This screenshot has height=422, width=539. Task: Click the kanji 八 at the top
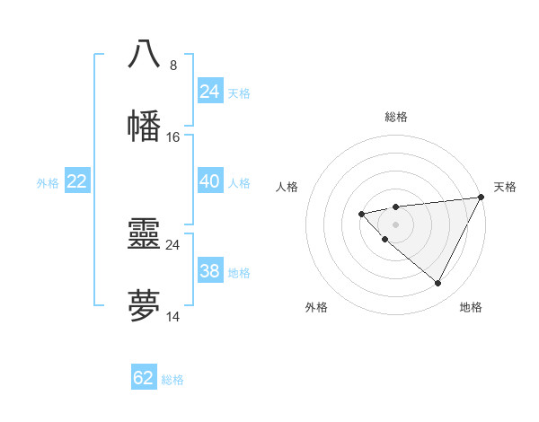pyautogui.click(x=144, y=54)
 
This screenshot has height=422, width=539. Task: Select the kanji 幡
pyautogui.click(x=144, y=126)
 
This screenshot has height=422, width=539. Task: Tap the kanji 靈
pyautogui.click(x=144, y=234)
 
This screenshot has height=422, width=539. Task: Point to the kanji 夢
pyautogui.click(x=144, y=306)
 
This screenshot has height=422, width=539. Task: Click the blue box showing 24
pyautogui.click(x=209, y=92)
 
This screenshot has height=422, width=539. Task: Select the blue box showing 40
pyautogui.click(x=209, y=181)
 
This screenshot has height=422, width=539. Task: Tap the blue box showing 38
pyautogui.click(x=209, y=271)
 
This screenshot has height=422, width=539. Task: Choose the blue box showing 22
pyautogui.click(x=76, y=181)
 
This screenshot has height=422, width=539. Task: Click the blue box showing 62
pyautogui.click(x=144, y=378)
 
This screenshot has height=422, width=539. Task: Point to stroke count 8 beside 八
pyautogui.click(x=173, y=65)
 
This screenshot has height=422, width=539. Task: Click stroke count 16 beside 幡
pyautogui.click(x=173, y=137)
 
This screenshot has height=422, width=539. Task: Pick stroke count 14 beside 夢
pyautogui.click(x=173, y=317)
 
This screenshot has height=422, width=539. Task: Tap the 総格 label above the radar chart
pyautogui.click(x=396, y=117)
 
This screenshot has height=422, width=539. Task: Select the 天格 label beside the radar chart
pyautogui.click(x=505, y=187)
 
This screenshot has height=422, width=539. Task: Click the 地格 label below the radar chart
pyautogui.click(x=471, y=308)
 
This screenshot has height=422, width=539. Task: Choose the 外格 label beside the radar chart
pyautogui.click(x=316, y=308)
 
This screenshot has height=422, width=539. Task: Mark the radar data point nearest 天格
pyautogui.click(x=482, y=197)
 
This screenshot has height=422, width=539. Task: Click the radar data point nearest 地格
pyautogui.click(x=438, y=284)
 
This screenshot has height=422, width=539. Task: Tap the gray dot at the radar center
pyautogui.click(x=395, y=224)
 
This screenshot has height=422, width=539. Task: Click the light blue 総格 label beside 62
pyautogui.click(x=172, y=380)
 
